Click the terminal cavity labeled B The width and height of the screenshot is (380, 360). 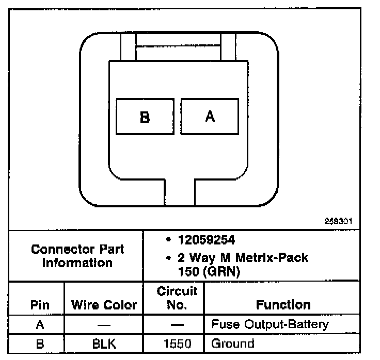coord(145,117)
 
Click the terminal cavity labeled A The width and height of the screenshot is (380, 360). coord(210,117)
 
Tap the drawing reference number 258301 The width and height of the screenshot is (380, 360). coord(339,220)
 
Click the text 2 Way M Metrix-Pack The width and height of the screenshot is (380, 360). coord(243,257)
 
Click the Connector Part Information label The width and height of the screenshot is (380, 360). coord(77,256)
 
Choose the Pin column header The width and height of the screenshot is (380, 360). coord(40,305)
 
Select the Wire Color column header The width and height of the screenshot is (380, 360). coord(104,305)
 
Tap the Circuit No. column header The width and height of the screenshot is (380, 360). coord(177,298)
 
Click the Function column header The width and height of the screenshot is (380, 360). coord(283,305)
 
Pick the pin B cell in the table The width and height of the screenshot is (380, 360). coord(40,343)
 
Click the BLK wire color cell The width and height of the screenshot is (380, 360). coord(104,343)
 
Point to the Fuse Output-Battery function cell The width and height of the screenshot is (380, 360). coord(270,325)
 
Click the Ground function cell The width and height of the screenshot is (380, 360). coord(233,343)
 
